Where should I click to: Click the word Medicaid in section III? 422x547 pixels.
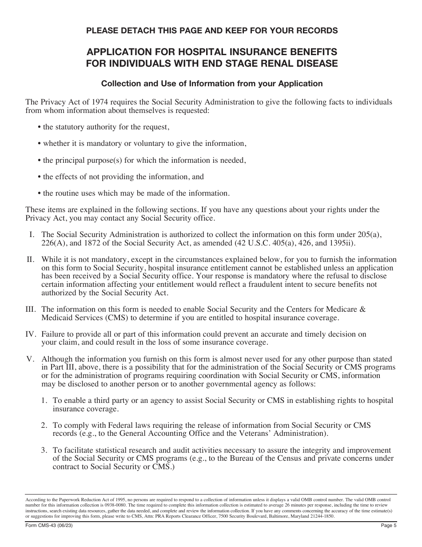click(x=57, y=318)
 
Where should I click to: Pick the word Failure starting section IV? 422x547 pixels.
click(x=54, y=334)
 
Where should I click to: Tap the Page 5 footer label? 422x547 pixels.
click(x=388, y=525)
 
